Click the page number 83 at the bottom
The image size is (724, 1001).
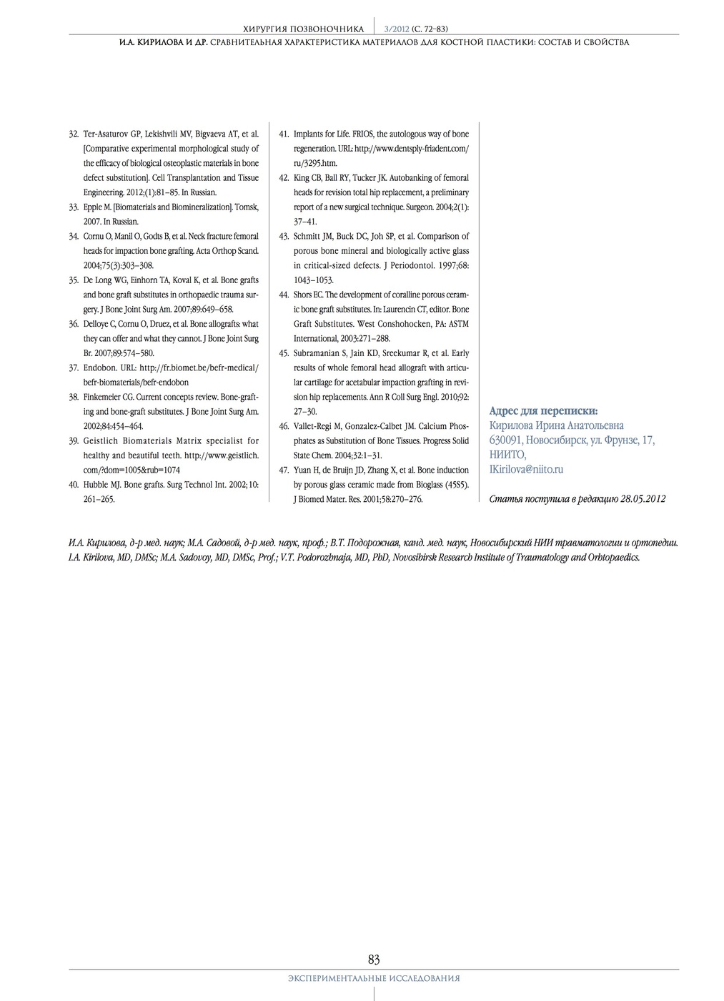[x=374, y=959]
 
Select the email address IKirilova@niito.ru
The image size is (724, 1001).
[x=526, y=470]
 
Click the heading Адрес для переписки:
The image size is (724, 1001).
[x=543, y=411]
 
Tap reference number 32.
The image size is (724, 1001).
[x=73, y=134]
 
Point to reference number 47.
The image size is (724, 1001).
[x=283, y=470]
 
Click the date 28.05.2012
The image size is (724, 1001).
[x=643, y=499]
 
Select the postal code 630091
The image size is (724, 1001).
[x=505, y=440]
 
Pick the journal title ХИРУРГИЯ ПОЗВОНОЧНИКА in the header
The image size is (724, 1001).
[x=304, y=29]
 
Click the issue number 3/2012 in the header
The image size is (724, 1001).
[x=397, y=29]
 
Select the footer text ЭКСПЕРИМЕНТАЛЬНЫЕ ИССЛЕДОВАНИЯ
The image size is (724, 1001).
[x=374, y=978]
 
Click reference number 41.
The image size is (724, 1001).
[x=283, y=134]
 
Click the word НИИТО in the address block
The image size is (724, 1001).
[x=507, y=455]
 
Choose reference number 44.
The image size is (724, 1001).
[x=283, y=295]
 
